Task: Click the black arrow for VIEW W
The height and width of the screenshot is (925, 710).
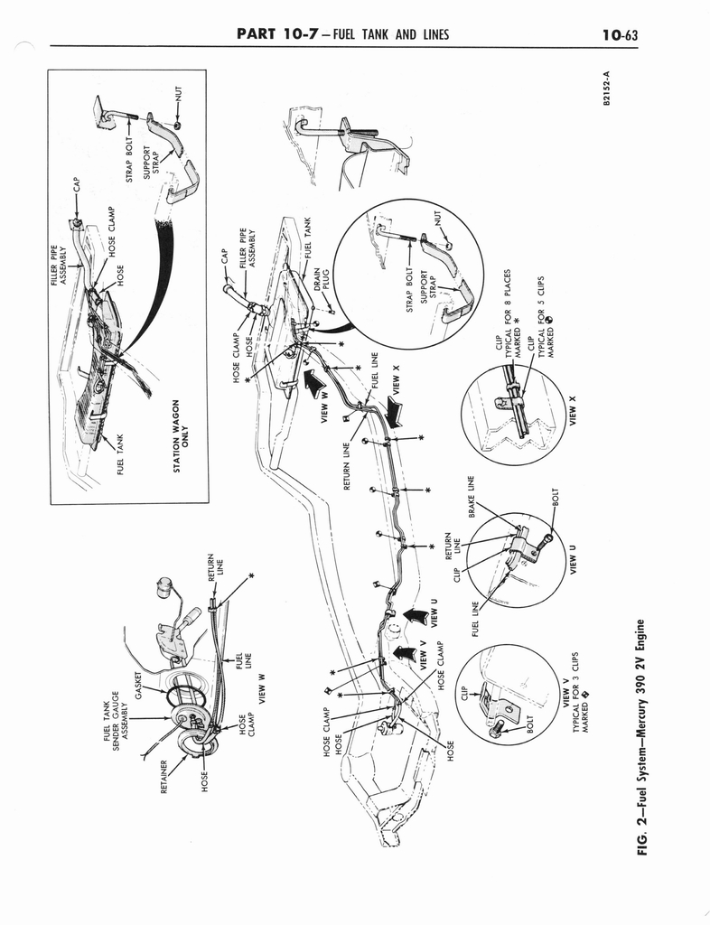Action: click(312, 383)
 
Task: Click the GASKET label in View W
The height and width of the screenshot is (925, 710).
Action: click(139, 686)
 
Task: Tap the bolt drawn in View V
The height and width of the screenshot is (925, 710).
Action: click(495, 729)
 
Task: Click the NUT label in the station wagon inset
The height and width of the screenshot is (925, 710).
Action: click(179, 94)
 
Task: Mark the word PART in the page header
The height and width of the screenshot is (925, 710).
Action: click(256, 33)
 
